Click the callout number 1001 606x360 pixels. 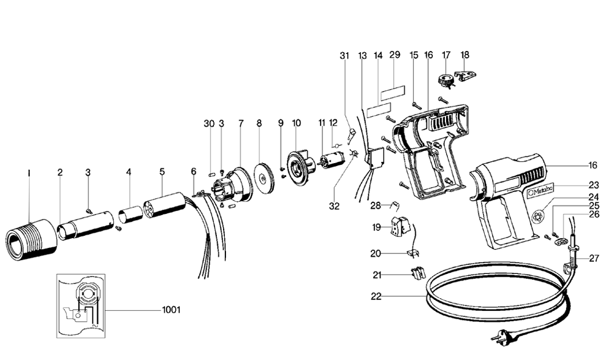tap(171, 310)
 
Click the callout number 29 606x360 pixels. tap(395, 55)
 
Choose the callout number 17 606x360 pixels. tap(447, 55)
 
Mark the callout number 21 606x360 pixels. tap(377, 275)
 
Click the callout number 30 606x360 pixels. tap(209, 123)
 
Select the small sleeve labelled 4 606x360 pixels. tap(129, 215)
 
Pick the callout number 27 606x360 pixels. tap(593, 258)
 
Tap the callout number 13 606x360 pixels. tap(362, 55)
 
